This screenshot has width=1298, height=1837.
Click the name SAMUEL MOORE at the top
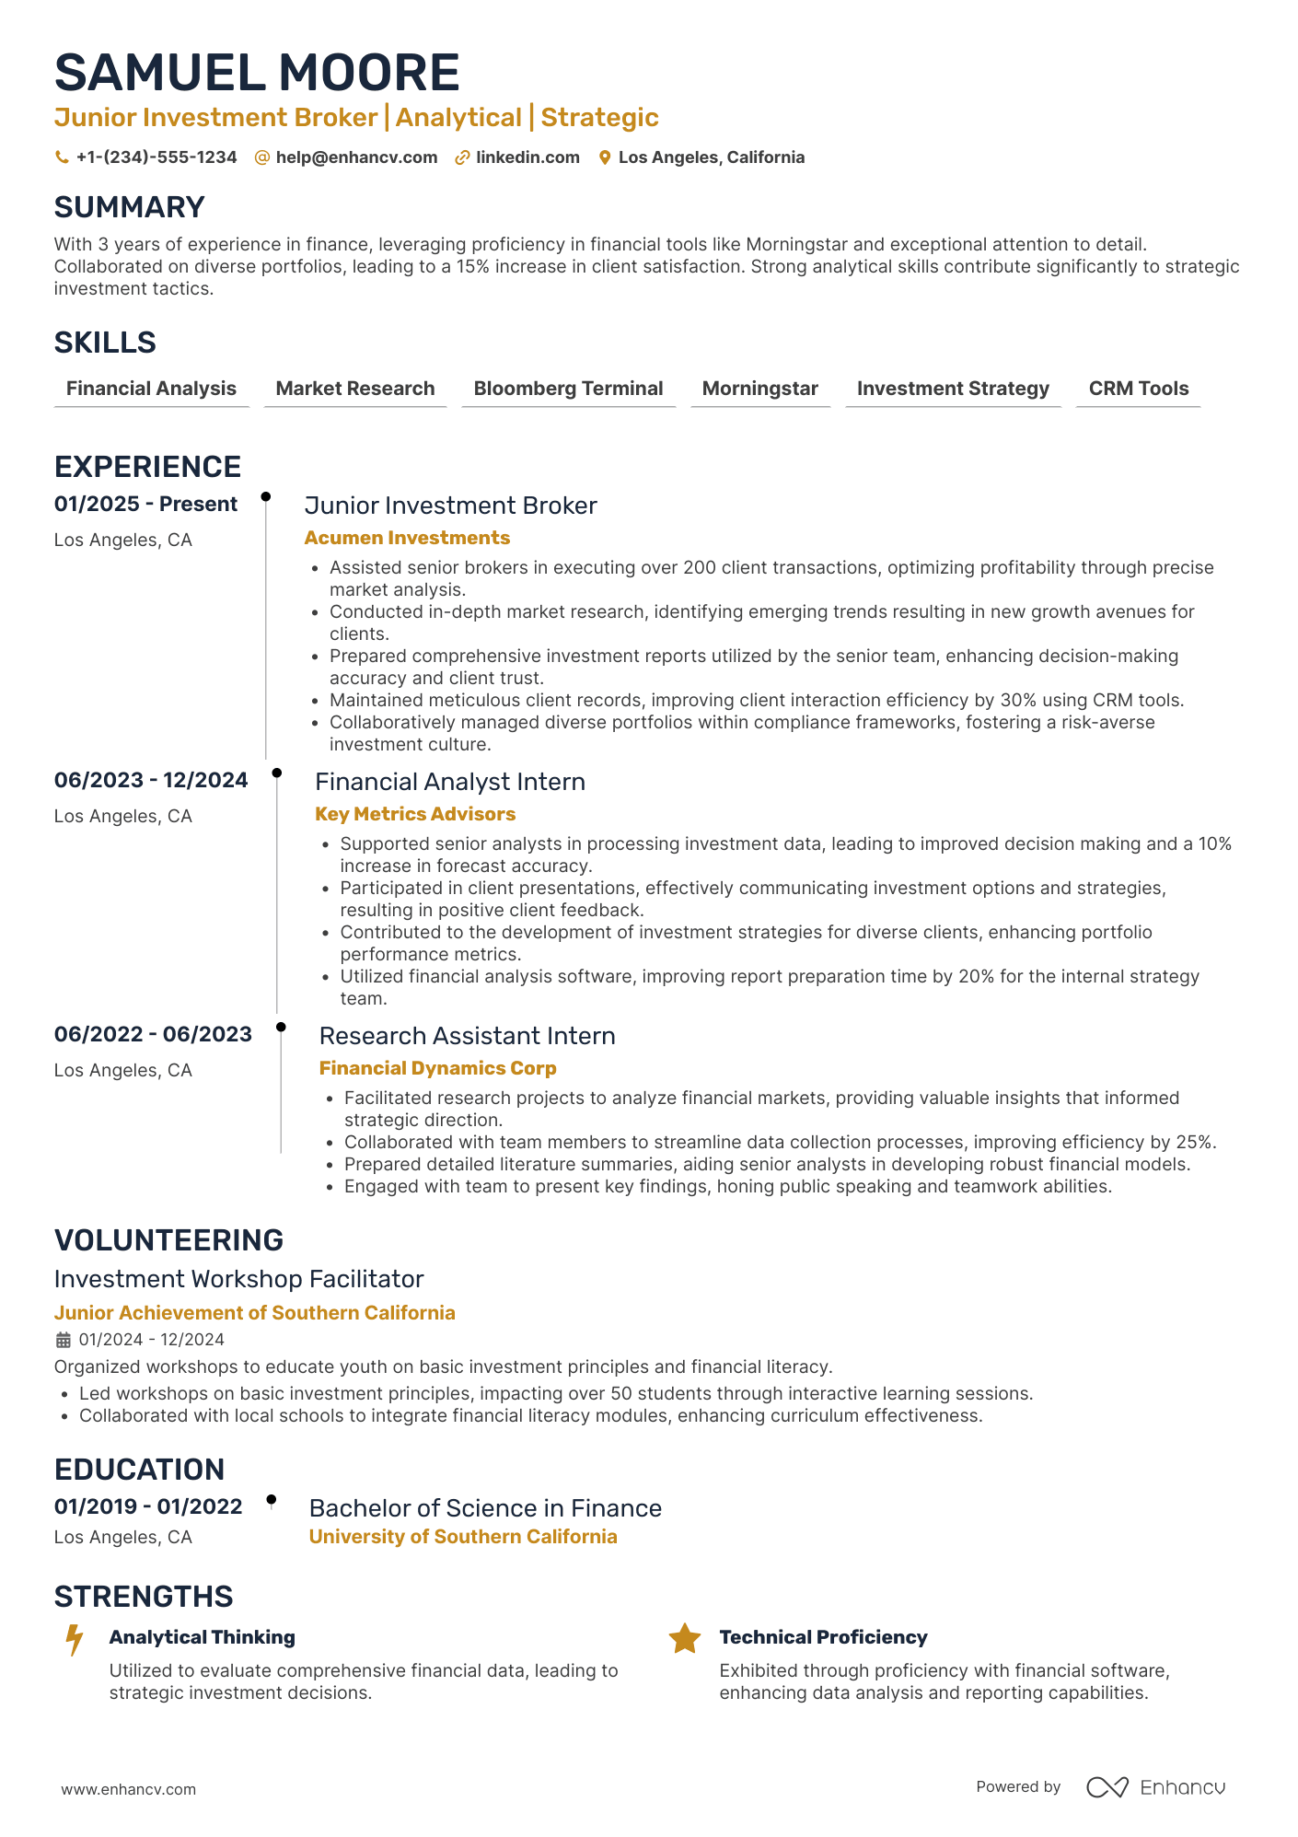tap(257, 73)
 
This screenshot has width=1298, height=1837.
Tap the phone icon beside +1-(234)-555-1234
tap(62, 157)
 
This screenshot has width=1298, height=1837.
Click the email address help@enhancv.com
tap(356, 157)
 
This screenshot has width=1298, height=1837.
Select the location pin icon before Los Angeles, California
tap(605, 157)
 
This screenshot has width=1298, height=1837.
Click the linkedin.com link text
tap(527, 157)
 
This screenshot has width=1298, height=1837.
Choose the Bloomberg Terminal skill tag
tap(568, 389)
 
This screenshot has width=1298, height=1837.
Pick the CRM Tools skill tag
tap(1138, 389)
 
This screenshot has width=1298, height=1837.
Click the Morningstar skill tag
tap(759, 389)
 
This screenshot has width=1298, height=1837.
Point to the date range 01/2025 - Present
tap(145, 505)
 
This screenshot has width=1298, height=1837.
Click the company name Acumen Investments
tap(407, 538)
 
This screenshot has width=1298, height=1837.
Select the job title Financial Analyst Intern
tap(450, 782)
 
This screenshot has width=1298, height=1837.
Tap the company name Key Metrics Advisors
tap(415, 814)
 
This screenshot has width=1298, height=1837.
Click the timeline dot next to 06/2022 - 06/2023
tap(281, 1027)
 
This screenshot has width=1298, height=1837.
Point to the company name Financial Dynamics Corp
tap(437, 1068)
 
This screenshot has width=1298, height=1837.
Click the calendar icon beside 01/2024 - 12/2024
tap(63, 1340)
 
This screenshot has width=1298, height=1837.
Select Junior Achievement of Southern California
tap(254, 1313)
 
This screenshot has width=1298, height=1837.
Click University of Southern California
tap(463, 1537)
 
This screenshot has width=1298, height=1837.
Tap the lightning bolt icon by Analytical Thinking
tap(75, 1640)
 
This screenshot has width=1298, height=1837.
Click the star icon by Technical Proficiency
tap(684, 1639)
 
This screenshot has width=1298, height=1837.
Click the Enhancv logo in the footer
tap(1156, 1787)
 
